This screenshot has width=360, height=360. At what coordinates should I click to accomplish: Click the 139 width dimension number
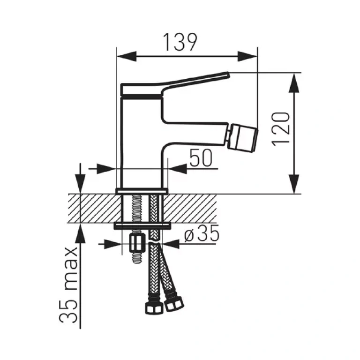(180, 43)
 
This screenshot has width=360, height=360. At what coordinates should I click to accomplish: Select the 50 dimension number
(201, 158)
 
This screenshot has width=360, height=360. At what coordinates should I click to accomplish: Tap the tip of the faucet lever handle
(228, 75)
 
